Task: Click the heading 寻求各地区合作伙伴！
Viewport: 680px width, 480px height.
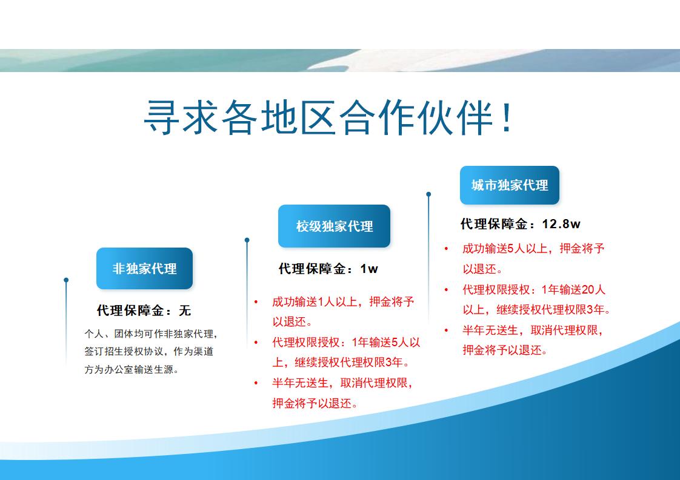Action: point(328,117)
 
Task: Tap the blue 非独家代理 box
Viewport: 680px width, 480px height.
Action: point(144,269)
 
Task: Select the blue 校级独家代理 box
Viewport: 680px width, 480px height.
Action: point(334,226)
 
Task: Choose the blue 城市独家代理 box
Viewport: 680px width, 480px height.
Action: point(510,185)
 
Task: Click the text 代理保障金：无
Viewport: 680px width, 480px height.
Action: point(144,311)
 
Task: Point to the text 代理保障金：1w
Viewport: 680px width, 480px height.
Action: point(328,269)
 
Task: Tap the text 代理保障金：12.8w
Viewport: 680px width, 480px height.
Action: point(521,224)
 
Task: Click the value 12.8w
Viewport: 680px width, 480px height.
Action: point(561,224)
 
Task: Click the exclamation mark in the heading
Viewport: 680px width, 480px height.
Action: point(507,117)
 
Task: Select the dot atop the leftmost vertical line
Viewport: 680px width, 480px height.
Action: point(66,280)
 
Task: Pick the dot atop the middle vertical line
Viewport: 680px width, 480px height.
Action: point(247,240)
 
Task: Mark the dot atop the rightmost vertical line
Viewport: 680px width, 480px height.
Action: point(428,194)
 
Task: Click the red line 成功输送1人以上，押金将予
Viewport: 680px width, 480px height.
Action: point(343,302)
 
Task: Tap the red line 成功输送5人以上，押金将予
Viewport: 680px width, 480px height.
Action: point(533,249)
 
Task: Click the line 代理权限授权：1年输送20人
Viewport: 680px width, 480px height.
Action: point(533,289)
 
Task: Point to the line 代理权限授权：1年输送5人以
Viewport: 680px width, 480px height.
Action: point(346,343)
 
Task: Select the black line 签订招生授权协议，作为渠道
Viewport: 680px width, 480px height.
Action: point(149,351)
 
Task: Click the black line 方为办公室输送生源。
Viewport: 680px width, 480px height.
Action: point(132,369)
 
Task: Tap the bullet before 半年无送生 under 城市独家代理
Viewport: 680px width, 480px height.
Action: point(446,330)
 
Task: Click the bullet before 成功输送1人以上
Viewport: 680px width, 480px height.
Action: point(256,302)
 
